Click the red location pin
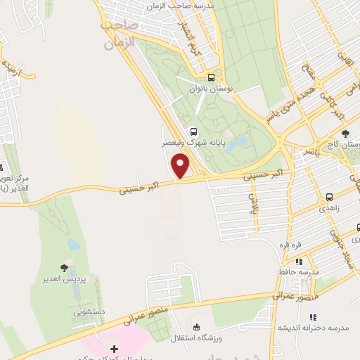(181, 165)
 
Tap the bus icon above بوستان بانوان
(212, 78)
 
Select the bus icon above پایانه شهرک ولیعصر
(193, 131)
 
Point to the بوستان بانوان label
(210, 90)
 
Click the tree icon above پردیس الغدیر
(64, 268)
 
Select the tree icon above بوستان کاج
(345, 134)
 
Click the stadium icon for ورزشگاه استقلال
(196, 326)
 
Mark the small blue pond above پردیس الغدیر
(73, 244)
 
